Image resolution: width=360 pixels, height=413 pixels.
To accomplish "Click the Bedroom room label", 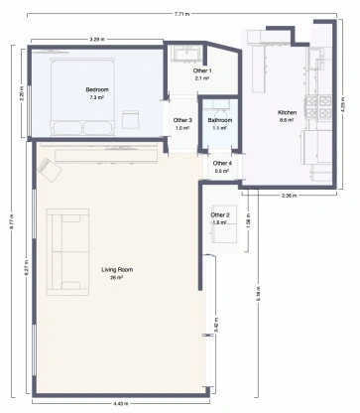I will [97, 90].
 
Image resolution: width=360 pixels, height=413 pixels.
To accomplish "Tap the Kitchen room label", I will [287, 112].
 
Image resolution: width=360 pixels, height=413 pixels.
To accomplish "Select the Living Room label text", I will [117, 269].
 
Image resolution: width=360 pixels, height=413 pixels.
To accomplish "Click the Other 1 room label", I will [202, 70].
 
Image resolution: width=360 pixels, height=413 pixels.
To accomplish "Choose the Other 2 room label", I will [220, 214].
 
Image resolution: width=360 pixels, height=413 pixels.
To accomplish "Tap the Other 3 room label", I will [182, 120].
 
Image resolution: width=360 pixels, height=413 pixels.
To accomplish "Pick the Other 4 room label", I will [222, 163].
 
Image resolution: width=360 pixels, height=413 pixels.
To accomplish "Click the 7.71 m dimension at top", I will [180, 14].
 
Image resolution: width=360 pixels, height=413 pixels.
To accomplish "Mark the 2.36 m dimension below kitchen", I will [290, 195].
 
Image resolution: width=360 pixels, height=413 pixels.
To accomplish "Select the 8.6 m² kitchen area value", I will [287, 120].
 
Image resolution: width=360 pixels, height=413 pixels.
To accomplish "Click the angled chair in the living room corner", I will [47, 168].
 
